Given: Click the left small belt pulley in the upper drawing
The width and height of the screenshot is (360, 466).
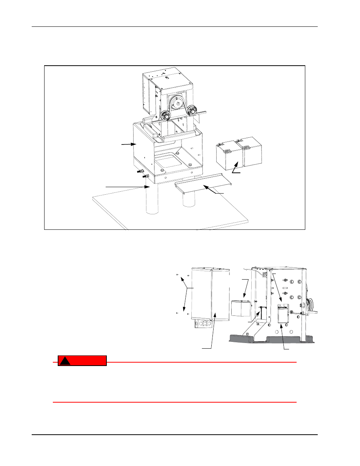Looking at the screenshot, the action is click(x=164, y=115).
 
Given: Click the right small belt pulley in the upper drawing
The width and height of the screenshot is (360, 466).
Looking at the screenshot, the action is click(x=193, y=110).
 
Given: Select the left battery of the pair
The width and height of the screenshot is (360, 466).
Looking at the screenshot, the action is click(x=228, y=155).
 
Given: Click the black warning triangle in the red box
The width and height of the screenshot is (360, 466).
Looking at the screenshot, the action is click(x=65, y=361).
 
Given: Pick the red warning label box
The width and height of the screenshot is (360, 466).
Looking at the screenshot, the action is click(x=82, y=361).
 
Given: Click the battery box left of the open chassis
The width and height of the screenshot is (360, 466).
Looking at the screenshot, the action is click(x=241, y=308).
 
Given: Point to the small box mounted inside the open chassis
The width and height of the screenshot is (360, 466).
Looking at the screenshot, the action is click(x=283, y=313).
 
